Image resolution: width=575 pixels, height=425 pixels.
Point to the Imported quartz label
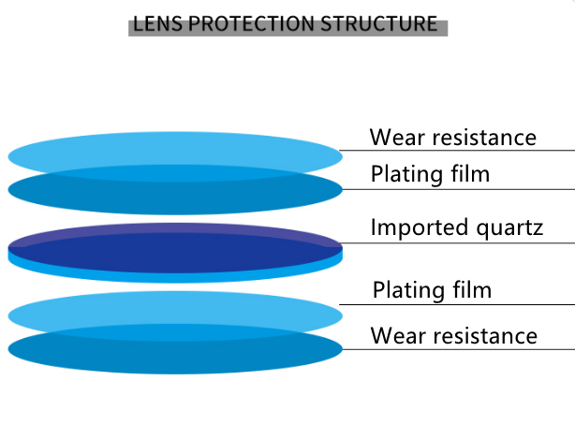point(457,227)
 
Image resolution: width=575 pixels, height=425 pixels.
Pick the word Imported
point(419,227)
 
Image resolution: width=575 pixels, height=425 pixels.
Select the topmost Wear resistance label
point(453,138)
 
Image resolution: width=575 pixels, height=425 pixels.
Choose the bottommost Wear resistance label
point(454,335)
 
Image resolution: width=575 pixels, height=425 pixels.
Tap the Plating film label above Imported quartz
point(431,174)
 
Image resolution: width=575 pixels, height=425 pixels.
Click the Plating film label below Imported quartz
point(432,290)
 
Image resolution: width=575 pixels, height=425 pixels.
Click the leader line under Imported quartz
point(459,243)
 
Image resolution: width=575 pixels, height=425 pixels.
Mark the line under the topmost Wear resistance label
point(459,150)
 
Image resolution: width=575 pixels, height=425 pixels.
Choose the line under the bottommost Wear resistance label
point(459,349)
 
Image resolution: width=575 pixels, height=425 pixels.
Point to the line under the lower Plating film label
point(459,303)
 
